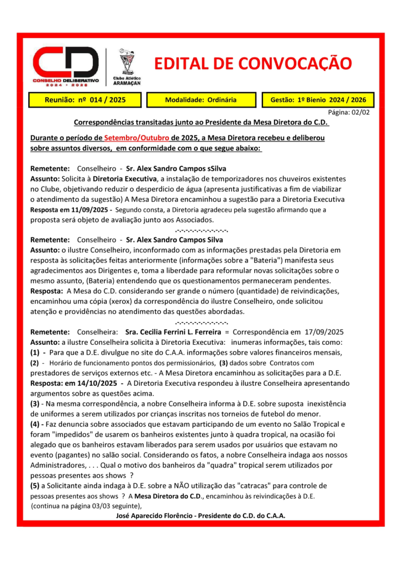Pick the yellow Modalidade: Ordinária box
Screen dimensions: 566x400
pyautogui.click(x=201, y=100)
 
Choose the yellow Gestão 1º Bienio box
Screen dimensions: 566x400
pyautogui.click(x=315, y=100)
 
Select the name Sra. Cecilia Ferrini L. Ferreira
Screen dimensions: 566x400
pyautogui.click(x=172, y=332)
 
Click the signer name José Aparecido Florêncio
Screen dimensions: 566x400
pyautogui.click(x=159, y=516)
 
